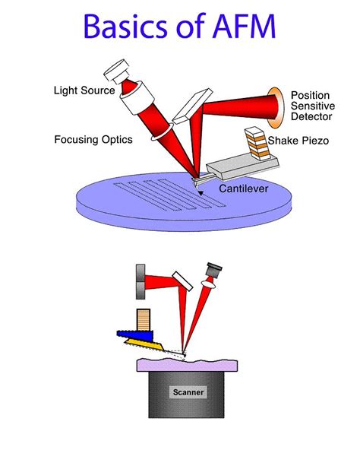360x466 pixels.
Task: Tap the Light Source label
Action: pos(84,91)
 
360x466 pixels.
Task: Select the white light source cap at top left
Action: pos(117,71)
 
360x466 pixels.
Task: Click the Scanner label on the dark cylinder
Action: pos(186,392)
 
